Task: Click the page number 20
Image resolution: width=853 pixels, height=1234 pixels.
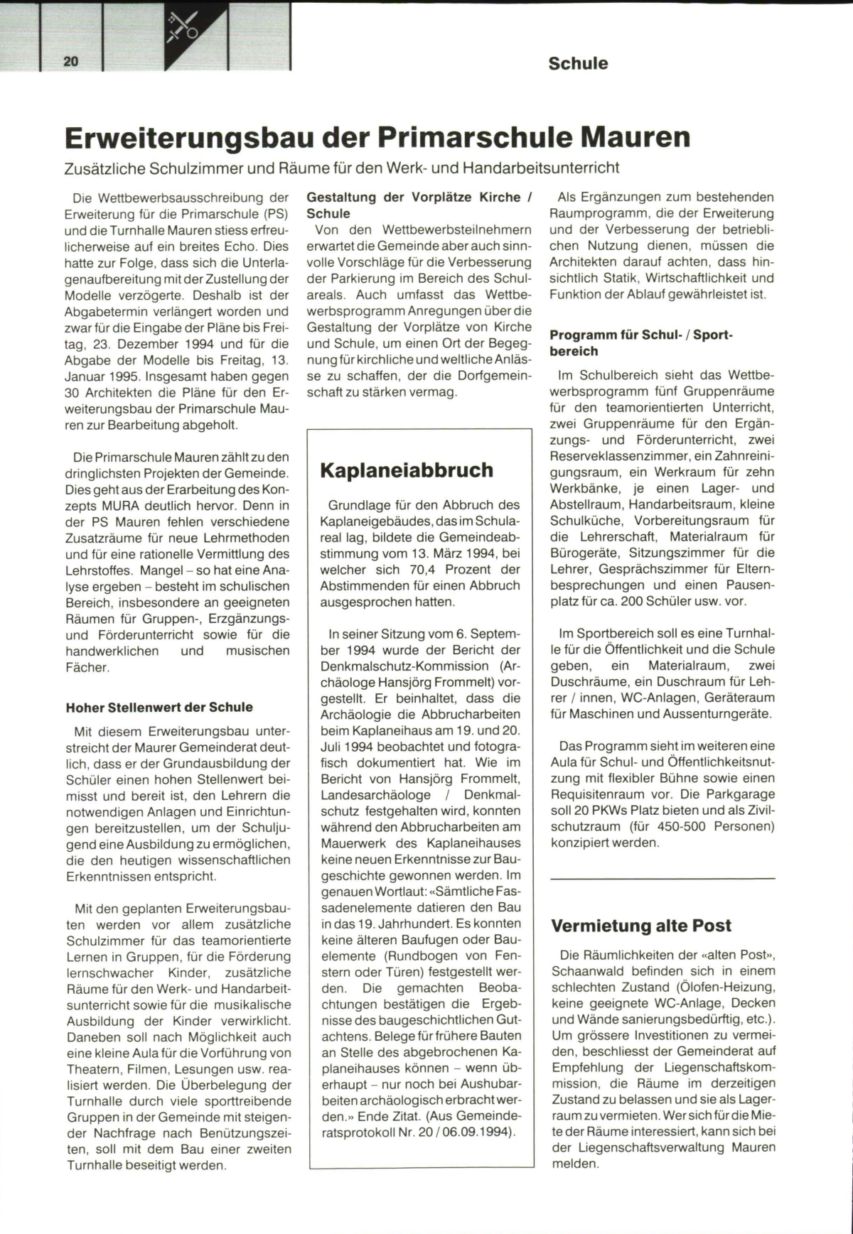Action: point(71,62)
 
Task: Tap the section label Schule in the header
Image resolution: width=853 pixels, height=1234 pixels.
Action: point(578,63)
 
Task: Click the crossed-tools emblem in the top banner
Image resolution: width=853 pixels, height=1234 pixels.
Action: point(183,27)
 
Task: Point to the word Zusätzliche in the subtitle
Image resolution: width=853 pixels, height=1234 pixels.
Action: point(104,168)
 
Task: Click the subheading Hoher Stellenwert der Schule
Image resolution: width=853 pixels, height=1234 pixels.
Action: point(159,708)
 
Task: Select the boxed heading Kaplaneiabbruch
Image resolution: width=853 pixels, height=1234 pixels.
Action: point(407,470)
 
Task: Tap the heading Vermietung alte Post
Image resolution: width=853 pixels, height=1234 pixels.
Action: point(641,926)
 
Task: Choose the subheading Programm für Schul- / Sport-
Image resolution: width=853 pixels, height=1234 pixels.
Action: point(640,335)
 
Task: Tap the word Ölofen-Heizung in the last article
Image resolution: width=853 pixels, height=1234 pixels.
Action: point(719,987)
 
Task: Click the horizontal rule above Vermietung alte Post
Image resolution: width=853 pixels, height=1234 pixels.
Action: point(662,879)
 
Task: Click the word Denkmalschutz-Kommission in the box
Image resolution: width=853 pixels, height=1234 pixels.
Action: point(404,666)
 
